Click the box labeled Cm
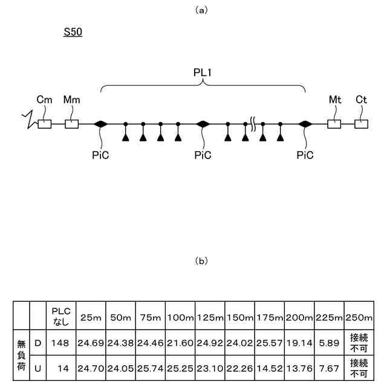44,124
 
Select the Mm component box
72,124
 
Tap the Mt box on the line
334,124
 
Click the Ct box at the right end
361,124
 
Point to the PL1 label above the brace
202,72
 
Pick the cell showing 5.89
329,343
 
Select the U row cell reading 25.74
151,367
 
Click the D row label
37,343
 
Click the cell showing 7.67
329,367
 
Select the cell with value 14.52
270,367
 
